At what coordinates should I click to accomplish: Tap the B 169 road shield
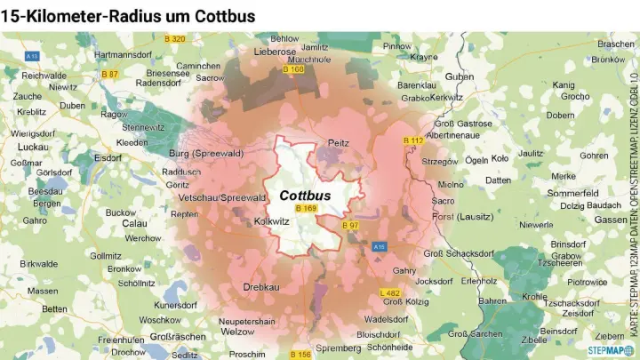click(306, 209)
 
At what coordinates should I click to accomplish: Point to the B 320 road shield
click(175, 38)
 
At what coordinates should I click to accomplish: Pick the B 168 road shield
click(292, 68)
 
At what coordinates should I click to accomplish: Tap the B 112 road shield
click(413, 140)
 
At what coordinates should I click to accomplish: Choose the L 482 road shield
click(389, 292)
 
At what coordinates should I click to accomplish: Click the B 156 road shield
click(300, 355)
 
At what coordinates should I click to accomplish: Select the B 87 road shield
click(109, 74)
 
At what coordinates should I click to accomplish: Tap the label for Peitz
click(339, 142)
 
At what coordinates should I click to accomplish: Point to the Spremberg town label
click(338, 347)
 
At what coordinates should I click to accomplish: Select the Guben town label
click(459, 76)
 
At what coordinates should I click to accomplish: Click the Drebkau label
click(261, 288)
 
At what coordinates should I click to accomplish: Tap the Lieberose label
click(275, 52)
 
